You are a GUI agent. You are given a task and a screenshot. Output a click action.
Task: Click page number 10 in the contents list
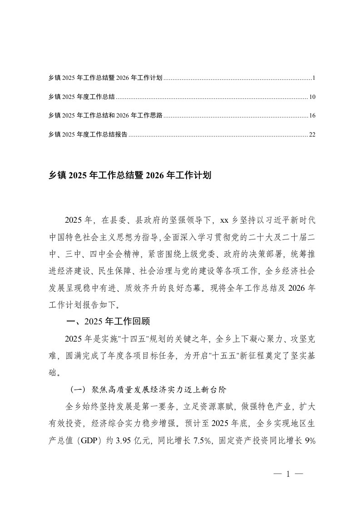click(x=312, y=97)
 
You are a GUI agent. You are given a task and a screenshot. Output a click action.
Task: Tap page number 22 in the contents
click(x=312, y=135)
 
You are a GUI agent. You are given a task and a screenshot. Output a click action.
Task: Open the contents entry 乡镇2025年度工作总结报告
click(x=88, y=135)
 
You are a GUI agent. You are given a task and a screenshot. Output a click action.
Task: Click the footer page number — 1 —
click(x=288, y=474)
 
